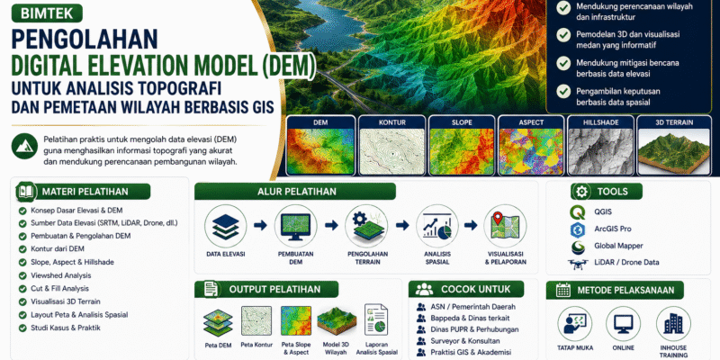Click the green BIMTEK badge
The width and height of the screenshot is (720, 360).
point(47,13)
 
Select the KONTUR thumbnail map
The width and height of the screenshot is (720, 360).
point(391,151)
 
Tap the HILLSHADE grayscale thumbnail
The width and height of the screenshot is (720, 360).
point(600,151)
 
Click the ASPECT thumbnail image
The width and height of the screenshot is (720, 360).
point(531,151)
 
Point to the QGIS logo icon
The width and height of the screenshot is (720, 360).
point(578,212)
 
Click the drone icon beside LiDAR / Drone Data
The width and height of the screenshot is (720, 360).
point(578,263)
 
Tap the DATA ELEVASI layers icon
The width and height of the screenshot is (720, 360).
point(226,226)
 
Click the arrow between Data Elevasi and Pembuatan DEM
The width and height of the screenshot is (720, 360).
point(260,226)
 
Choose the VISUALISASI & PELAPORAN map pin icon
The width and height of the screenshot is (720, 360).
point(505,226)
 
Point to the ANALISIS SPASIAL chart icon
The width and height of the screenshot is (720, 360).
point(436,226)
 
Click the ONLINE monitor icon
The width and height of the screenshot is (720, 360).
point(623,323)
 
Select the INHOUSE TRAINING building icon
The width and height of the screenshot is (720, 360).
point(673,323)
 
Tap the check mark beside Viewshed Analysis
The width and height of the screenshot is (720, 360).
point(22,276)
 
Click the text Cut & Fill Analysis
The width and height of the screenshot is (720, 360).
point(59,289)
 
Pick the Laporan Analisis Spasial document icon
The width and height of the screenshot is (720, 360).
point(376,319)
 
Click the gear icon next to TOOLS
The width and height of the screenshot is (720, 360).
point(581,192)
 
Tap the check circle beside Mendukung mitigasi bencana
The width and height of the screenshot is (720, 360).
point(563,63)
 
